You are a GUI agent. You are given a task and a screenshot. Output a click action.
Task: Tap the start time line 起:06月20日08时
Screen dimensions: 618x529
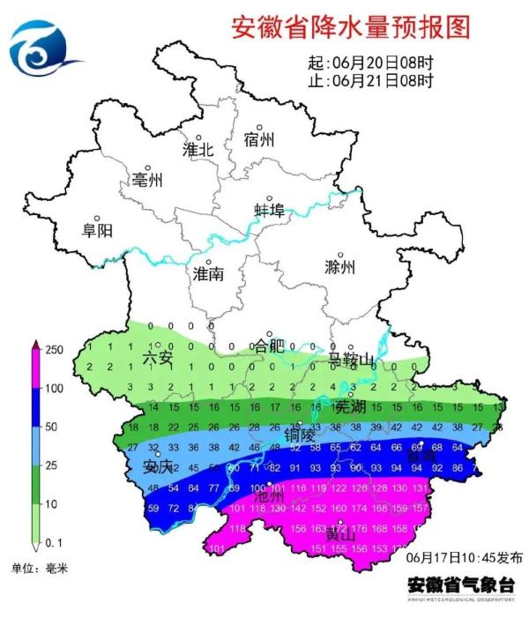pos(370,63)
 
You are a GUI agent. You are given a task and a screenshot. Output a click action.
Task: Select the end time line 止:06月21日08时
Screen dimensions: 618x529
pos(370,82)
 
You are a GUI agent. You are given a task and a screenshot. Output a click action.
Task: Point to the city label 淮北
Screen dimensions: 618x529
pos(198,149)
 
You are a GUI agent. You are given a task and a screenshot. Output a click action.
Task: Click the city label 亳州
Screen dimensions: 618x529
pos(147,180)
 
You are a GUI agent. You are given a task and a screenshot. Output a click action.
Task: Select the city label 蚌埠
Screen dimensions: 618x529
pos(270,210)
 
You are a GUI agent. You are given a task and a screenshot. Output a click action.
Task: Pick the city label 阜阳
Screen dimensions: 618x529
pos(97,230)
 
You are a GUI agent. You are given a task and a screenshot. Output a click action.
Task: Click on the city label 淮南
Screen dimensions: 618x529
pos(208,274)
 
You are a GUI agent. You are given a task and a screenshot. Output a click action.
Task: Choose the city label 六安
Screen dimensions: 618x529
pos(159,357)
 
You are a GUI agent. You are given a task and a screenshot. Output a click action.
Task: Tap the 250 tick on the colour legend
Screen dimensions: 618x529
pos(54,350)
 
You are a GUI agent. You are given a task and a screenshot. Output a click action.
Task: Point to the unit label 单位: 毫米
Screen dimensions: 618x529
pos(39,567)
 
